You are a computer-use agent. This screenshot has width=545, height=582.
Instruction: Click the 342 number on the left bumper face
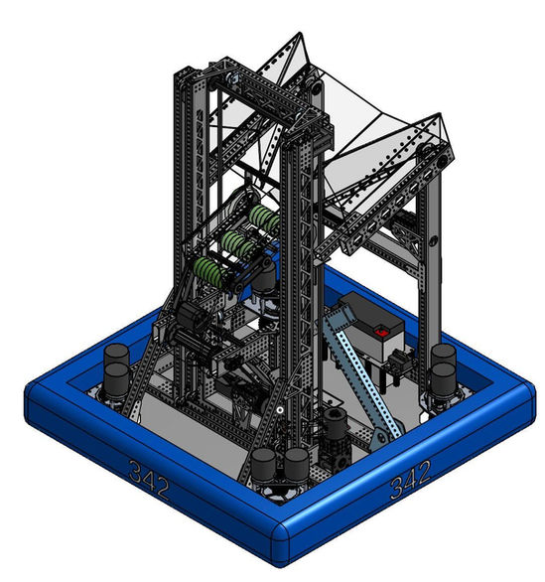(148, 479)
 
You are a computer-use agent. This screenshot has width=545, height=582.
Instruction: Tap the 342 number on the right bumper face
(410, 479)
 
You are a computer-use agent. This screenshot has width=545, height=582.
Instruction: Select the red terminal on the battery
(380, 332)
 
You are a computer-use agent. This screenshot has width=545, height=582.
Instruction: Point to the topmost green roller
(264, 218)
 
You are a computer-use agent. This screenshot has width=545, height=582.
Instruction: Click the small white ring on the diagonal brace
(280, 410)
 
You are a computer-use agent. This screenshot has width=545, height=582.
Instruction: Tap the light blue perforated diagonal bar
(360, 371)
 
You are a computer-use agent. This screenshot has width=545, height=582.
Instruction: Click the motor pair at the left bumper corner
(116, 372)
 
